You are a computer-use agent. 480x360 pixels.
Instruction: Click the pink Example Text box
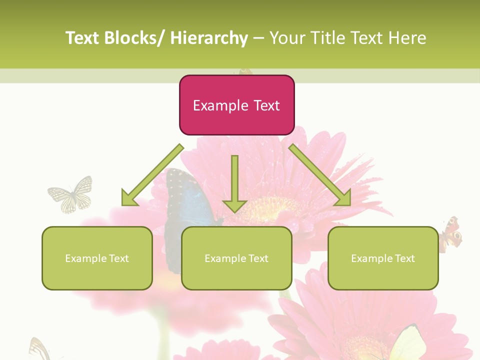tap(236, 105)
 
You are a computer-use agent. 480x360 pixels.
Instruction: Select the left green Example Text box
tap(97, 258)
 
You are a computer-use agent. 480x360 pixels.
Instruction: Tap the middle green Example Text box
tap(236, 258)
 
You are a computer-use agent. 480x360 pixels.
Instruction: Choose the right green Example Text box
tap(383, 258)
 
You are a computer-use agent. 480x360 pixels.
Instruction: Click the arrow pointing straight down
tap(234, 185)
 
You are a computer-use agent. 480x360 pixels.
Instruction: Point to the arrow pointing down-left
tap(152, 175)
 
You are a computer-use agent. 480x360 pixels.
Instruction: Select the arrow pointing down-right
tap(320, 175)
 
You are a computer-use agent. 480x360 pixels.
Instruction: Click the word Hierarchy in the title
tap(208, 38)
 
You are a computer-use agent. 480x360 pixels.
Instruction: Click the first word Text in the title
tap(82, 38)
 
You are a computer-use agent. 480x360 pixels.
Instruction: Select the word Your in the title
tap(286, 38)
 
